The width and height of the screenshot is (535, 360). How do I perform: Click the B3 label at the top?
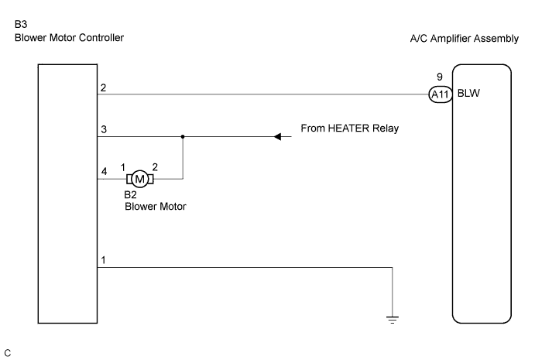(x=20, y=25)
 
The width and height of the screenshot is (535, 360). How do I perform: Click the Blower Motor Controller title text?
(x=69, y=38)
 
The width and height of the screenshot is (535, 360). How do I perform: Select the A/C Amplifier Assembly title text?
(x=464, y=39)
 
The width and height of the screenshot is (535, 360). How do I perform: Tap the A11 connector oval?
(x=440, y=94)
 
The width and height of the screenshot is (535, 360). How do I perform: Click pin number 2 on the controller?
(x=102, y=87)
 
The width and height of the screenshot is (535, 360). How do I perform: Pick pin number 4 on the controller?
(x=102, y=171)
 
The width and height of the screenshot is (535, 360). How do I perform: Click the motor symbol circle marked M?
(x=139, y=179)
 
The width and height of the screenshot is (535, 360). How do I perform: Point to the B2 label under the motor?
(x=132, y=196)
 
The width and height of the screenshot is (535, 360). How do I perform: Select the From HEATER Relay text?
(x=349, y=129)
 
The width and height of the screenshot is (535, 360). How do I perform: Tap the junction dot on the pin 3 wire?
(x=183, y=137)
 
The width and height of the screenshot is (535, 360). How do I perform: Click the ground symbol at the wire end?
(x=393, y=319)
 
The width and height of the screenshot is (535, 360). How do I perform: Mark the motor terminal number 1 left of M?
(x=122, y=167)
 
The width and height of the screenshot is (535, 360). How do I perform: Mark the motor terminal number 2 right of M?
(x=156, y=167)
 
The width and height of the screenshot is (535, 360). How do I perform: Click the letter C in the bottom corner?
(x=8, y=352)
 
